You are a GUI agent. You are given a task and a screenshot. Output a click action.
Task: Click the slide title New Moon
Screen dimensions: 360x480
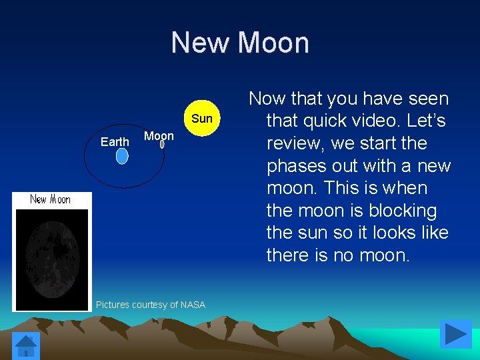[240, 43]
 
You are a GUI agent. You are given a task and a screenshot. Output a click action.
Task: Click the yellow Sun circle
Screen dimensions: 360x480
[201, 119]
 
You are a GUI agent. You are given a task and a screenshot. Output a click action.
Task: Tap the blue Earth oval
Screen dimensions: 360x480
[122, 156]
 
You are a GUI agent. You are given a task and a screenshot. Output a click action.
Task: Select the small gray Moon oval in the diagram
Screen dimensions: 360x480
[162, 143]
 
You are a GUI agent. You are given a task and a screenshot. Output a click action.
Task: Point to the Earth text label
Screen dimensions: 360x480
[115, 141]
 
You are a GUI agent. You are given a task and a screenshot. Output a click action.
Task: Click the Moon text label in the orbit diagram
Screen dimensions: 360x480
[159, 135]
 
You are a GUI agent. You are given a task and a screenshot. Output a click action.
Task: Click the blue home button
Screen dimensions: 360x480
[27, 345]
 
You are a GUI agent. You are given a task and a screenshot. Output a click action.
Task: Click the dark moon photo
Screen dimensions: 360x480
[52, 259]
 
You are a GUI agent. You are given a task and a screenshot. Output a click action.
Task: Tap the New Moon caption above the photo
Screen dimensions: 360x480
[51, 199]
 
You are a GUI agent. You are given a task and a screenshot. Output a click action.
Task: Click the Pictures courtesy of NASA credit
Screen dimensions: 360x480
[151, 305]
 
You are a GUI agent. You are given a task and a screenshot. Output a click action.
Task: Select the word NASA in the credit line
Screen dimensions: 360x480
[193, 305]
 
